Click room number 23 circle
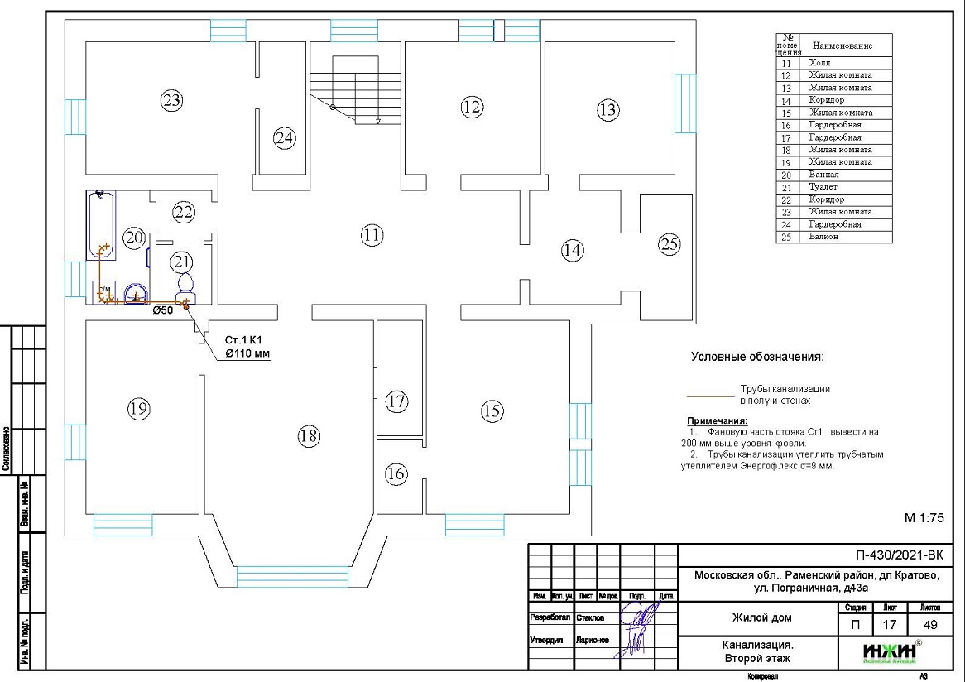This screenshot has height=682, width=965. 171,101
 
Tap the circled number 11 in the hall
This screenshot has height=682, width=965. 372,235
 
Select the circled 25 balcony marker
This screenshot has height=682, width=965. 669,244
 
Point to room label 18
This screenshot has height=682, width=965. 309,436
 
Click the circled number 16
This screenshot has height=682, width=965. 396,473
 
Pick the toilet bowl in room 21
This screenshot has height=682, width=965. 185,285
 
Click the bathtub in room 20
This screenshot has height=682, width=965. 101,223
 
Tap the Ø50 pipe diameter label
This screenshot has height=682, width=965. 162,310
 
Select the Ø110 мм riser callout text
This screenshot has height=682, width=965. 247,353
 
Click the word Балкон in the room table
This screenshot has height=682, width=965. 823,237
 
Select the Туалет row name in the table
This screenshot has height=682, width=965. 823,187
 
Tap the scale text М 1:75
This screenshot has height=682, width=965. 923,518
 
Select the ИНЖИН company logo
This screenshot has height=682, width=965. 890,652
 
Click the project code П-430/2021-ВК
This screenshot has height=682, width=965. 899,555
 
